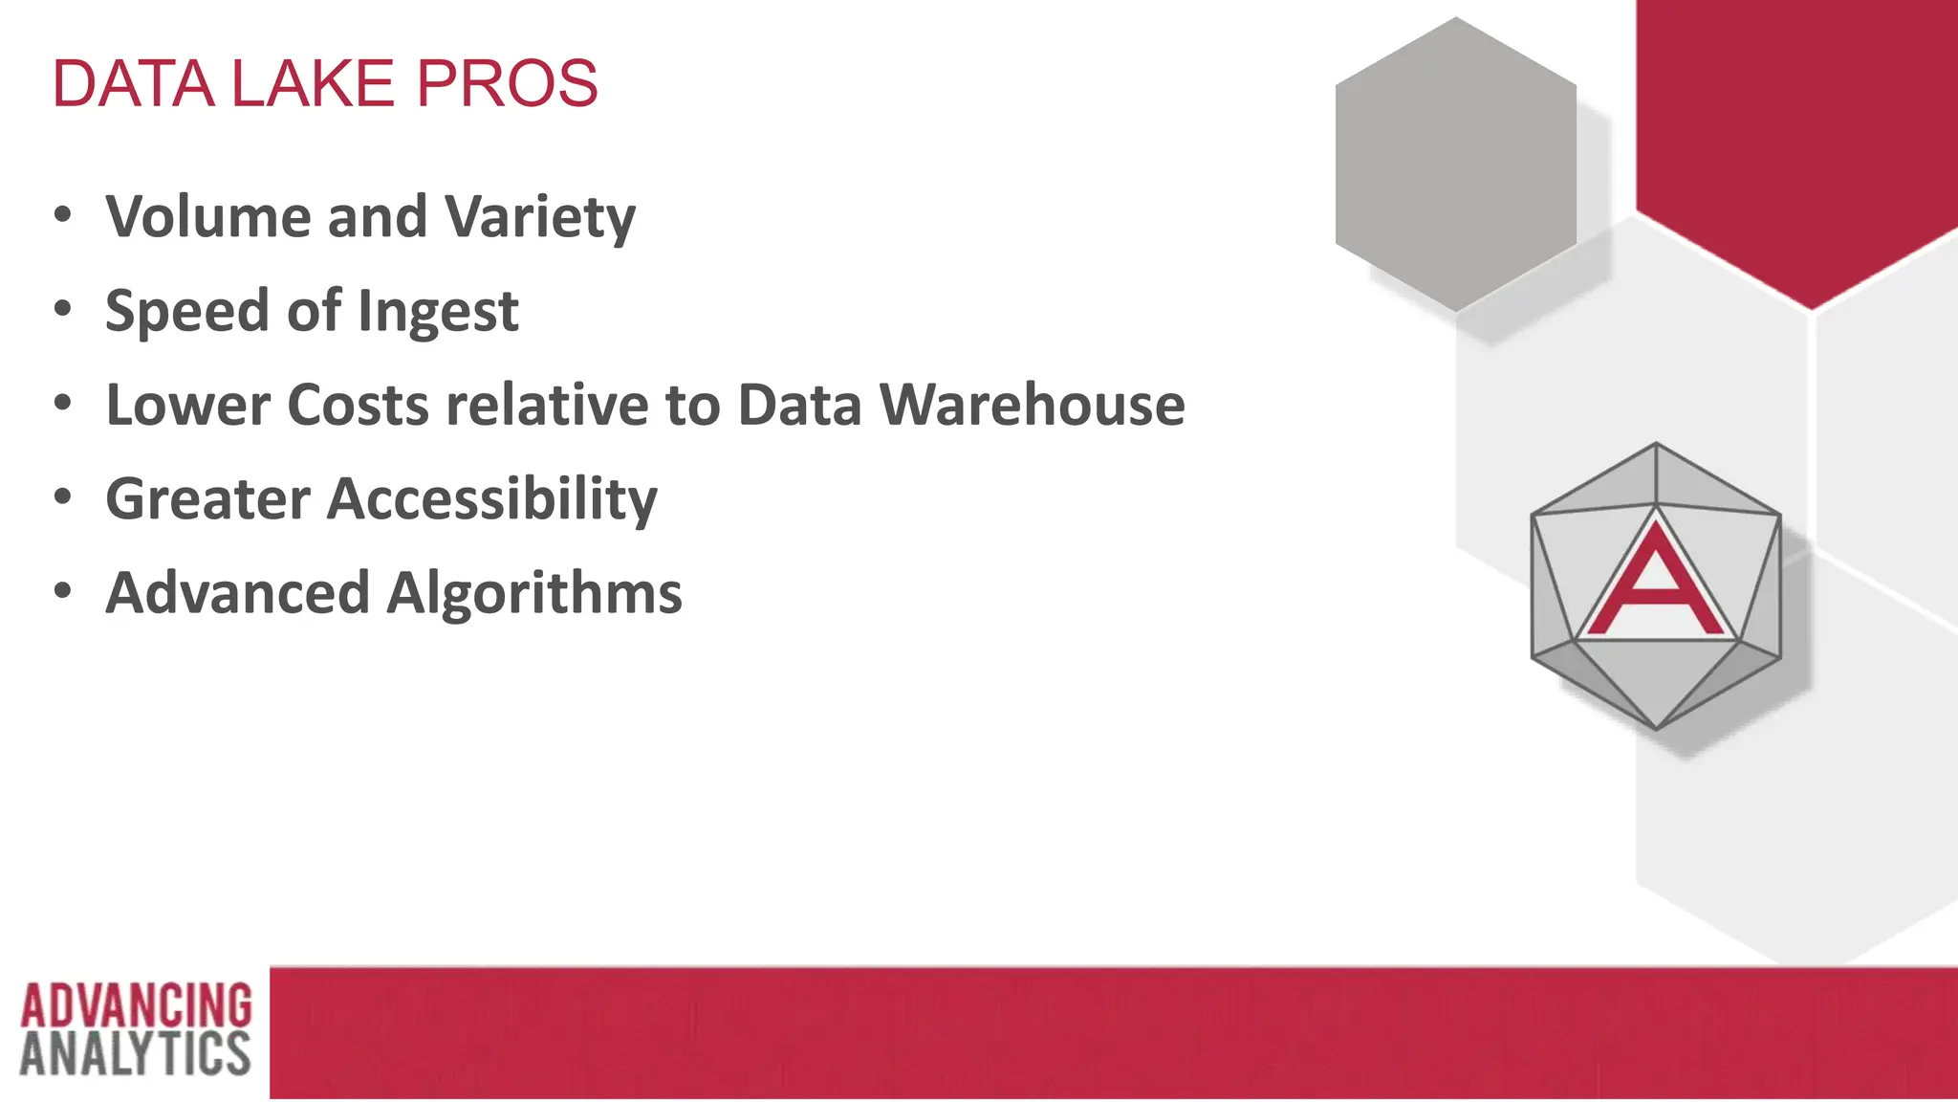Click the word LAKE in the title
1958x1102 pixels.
(x=313, y=84)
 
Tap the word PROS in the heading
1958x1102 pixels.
(x=507, y=84)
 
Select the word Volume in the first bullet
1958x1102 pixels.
(x=207, y=216)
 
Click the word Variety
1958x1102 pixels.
(x=540, y=218)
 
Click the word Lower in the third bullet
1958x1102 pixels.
(x=188, y=405)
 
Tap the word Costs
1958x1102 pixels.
(x=358, y=405)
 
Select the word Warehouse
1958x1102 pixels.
(x=1032, y=405)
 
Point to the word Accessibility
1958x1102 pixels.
(x=492, y=499)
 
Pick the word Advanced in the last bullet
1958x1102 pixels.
(x=237, y=593)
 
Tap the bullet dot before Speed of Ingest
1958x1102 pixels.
(x=63, y=309)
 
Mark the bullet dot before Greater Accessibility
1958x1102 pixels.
(x=63, y=496)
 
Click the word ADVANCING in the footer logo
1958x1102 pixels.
(x=136, y=1005)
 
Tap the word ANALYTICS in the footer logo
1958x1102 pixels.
(x=135, y=1053)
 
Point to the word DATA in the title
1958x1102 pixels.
(x=133, y=84)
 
